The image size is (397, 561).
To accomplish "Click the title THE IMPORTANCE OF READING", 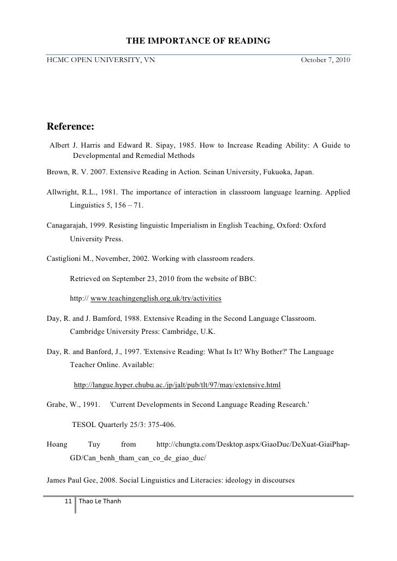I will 198,41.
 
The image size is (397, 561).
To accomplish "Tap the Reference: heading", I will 71,127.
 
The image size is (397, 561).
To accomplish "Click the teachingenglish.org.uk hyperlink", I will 156,299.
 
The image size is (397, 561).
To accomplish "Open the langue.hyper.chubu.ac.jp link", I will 177,385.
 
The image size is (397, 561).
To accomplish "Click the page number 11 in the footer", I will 68,501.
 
